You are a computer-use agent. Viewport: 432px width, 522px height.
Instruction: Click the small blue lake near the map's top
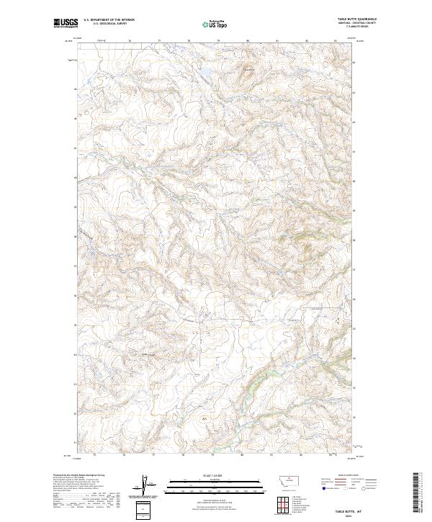click(x=204, y=72)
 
